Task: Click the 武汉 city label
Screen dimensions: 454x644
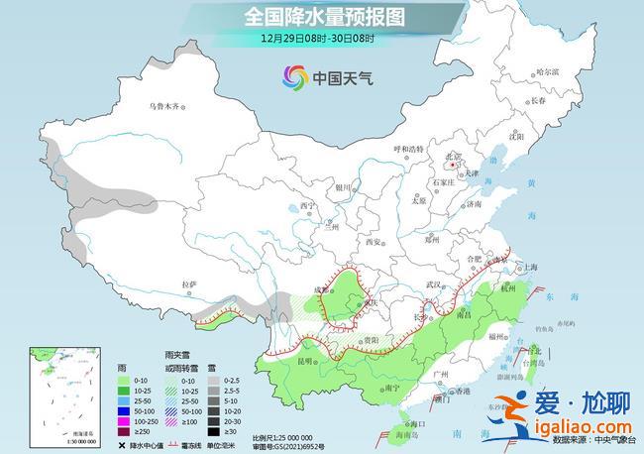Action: (432, 284)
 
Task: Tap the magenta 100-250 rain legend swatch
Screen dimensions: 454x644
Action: (124, 420)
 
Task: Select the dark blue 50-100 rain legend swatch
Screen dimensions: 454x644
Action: (124, 409)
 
